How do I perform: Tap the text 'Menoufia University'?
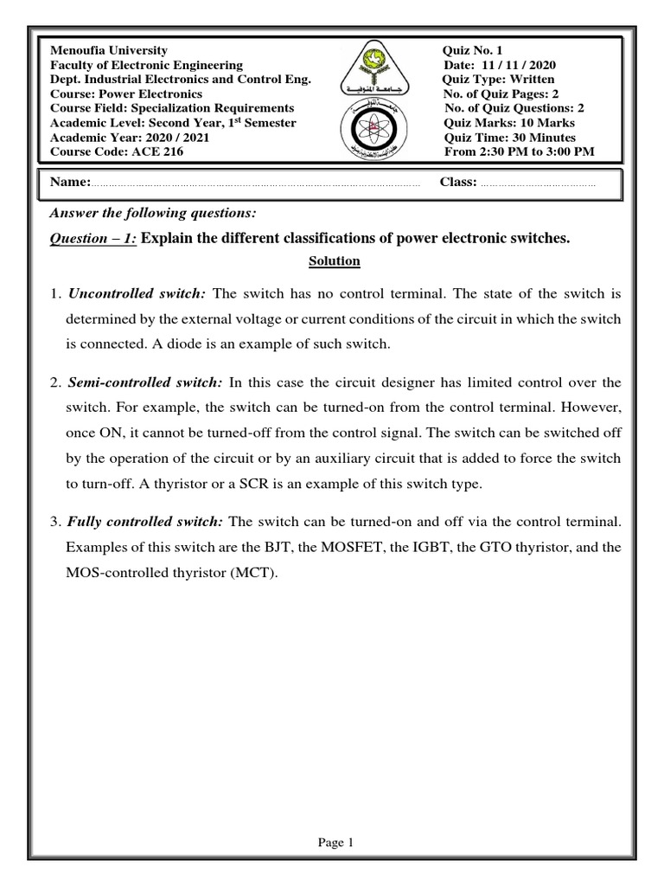pyautogui.click(x=110, y=51)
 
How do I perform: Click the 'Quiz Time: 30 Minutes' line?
pyautogui.click(x=509, y=138)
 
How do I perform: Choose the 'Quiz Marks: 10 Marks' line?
pyautogui.click(x=509, y=123)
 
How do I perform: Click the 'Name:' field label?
pyautogui.click(x=70, y=183)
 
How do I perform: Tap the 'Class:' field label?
pyautogui.click(x=458, y=183)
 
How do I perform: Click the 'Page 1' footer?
pyautogui.click(x=332, y=843)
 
